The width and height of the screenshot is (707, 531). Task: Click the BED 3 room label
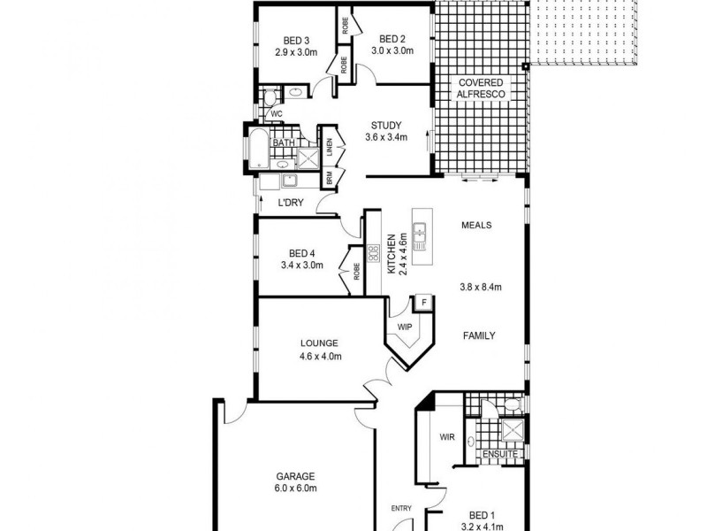pyautogui.click(x=296, y=40)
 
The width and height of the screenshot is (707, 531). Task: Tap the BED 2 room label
pyautogui.click(x=392, y=39)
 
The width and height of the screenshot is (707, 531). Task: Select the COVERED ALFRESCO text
pyautogui.click(x=480, y=88)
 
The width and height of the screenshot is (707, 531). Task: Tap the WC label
pyautogui.click(x=276, y=114)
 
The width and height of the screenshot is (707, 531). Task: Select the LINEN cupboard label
pyautogui.click(x=329, y=147)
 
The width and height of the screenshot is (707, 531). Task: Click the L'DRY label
pyautogui.click(x=291, y=204)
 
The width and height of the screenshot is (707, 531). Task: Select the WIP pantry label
pyautogui.click(x=404, y=327)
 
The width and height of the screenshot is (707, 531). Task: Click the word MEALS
pyautogui.click(x=475, y=225)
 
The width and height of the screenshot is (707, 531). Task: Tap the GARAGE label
pyautogui.click(x=295, y=475)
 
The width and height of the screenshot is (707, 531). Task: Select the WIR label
pyautogui.click(x=446, y=436)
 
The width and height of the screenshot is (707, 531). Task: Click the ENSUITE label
pyautogui.click(x=499, y=455)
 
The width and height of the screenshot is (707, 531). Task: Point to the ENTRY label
pyautogui.click(x=402, y=508)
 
